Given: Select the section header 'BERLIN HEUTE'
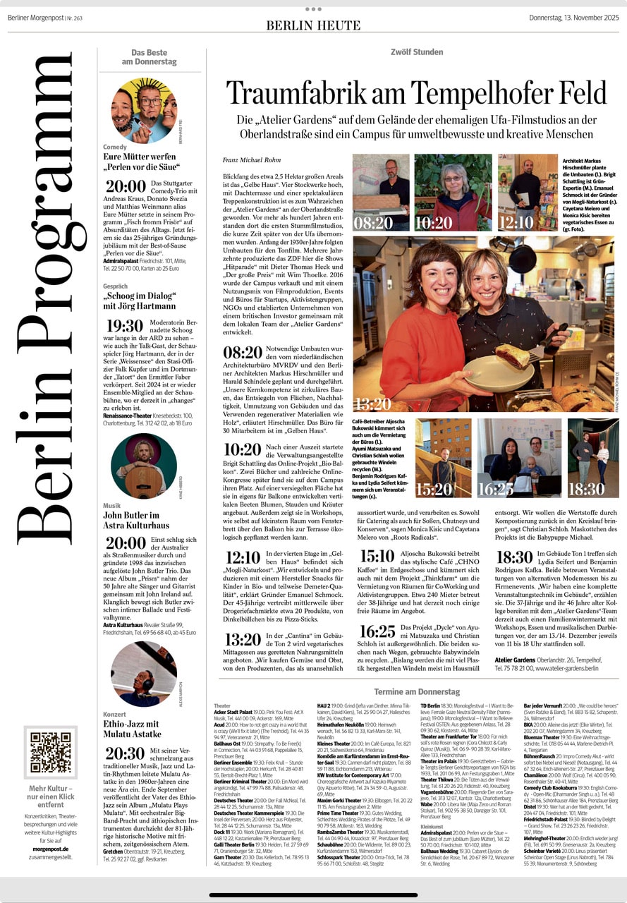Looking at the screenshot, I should (313, 25).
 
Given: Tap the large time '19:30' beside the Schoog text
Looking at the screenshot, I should (124, 326).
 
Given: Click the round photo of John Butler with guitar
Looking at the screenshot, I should (144, 466).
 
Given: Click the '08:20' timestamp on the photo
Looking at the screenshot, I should (373, 223).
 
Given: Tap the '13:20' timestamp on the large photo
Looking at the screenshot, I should (372, 404).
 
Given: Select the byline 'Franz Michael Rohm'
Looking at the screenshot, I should (251, 160).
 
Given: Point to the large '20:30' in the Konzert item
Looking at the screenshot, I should (125, 753).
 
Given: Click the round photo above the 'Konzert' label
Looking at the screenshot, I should (144, 674).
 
